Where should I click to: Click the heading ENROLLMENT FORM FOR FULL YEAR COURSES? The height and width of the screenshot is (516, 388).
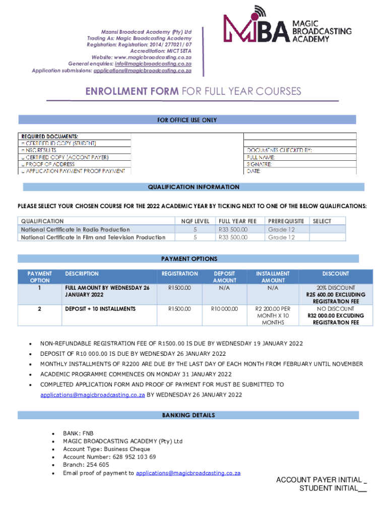[193, 91]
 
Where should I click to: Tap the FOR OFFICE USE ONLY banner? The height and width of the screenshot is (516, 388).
[187, 120]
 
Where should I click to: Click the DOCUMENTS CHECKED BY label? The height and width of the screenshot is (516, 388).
[279, 150]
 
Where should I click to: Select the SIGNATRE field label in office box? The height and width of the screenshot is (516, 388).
[260, 164]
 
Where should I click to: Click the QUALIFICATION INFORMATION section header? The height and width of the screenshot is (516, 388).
[193, 187]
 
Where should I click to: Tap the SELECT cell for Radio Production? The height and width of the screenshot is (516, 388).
[327, 229]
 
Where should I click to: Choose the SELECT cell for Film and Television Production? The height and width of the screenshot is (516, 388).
[327, 237]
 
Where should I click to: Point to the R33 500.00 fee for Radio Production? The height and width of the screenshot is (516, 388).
[233, 229]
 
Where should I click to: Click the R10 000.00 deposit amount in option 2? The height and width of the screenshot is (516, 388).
[225, 308]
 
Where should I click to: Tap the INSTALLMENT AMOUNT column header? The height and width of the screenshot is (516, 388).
[273, 277]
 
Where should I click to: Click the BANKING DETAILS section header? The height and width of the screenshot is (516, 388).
[188, 415]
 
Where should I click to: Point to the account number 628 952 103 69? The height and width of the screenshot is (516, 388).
[109, 457]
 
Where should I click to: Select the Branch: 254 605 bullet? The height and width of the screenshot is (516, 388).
[86, 465]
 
